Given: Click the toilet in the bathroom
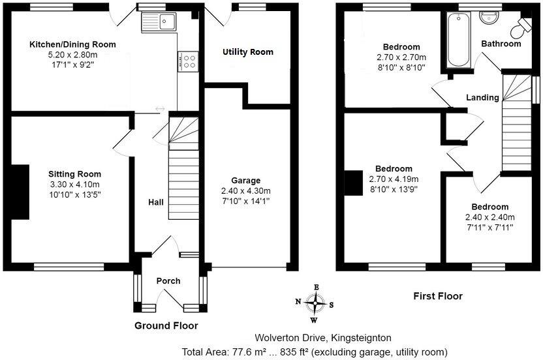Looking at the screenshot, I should [x=522, y=27].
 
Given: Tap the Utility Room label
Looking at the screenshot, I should [x=247, y=52].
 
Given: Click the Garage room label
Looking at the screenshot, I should [x=245, y=181].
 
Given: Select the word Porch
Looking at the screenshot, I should [x=168, y=281].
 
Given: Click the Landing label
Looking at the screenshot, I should [x=482, y=98].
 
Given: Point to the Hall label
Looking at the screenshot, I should [x=156, y=203].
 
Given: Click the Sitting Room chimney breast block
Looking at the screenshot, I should [x=20, y=193].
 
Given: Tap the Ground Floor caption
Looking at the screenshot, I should [x=166, y=325].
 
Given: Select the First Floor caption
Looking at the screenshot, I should [x=438, y=296].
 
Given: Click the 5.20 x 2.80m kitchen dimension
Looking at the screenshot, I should [x=72, y=55].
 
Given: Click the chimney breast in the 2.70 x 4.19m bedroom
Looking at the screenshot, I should [x=353, y=183].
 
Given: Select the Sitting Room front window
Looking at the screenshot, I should [x=69, y=266].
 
